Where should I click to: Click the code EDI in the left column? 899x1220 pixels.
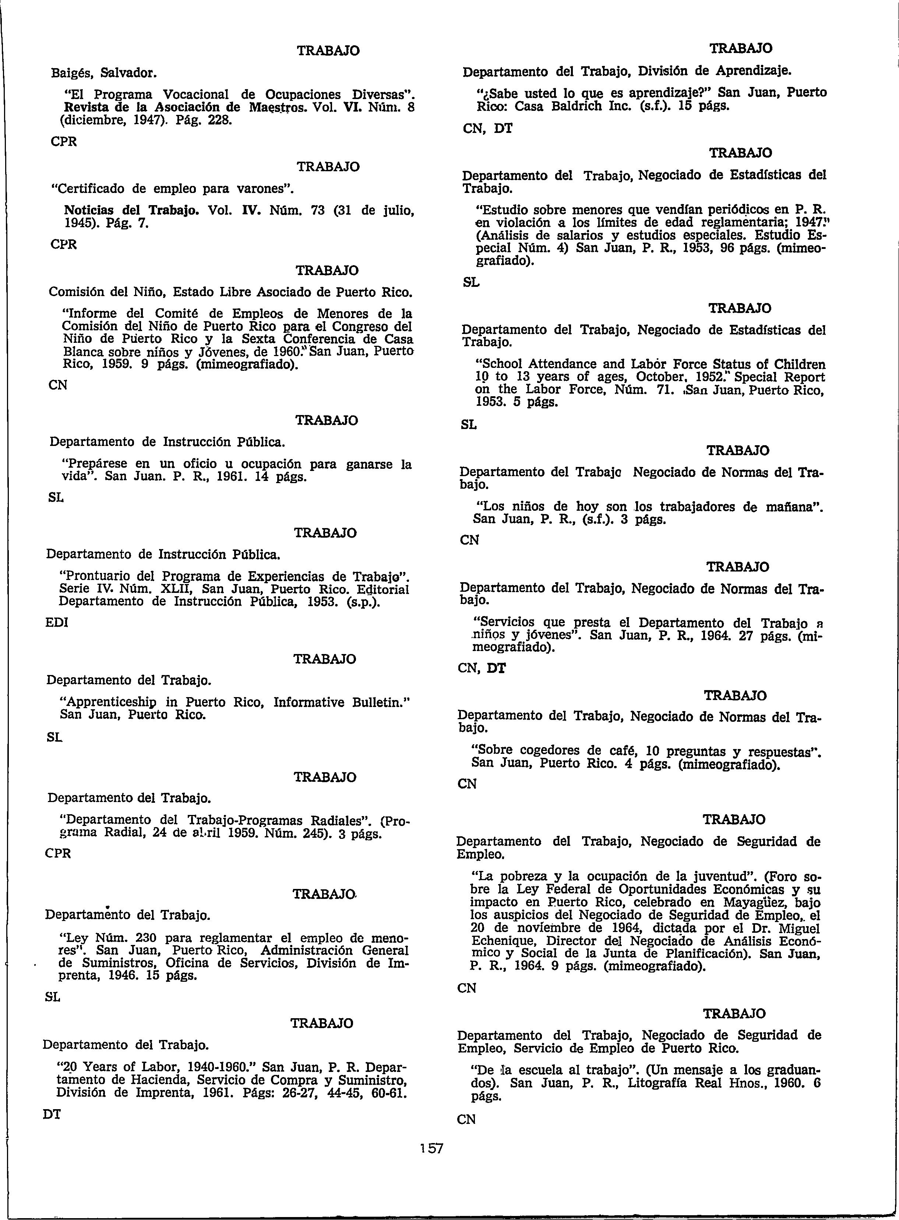tap(57, 622)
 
